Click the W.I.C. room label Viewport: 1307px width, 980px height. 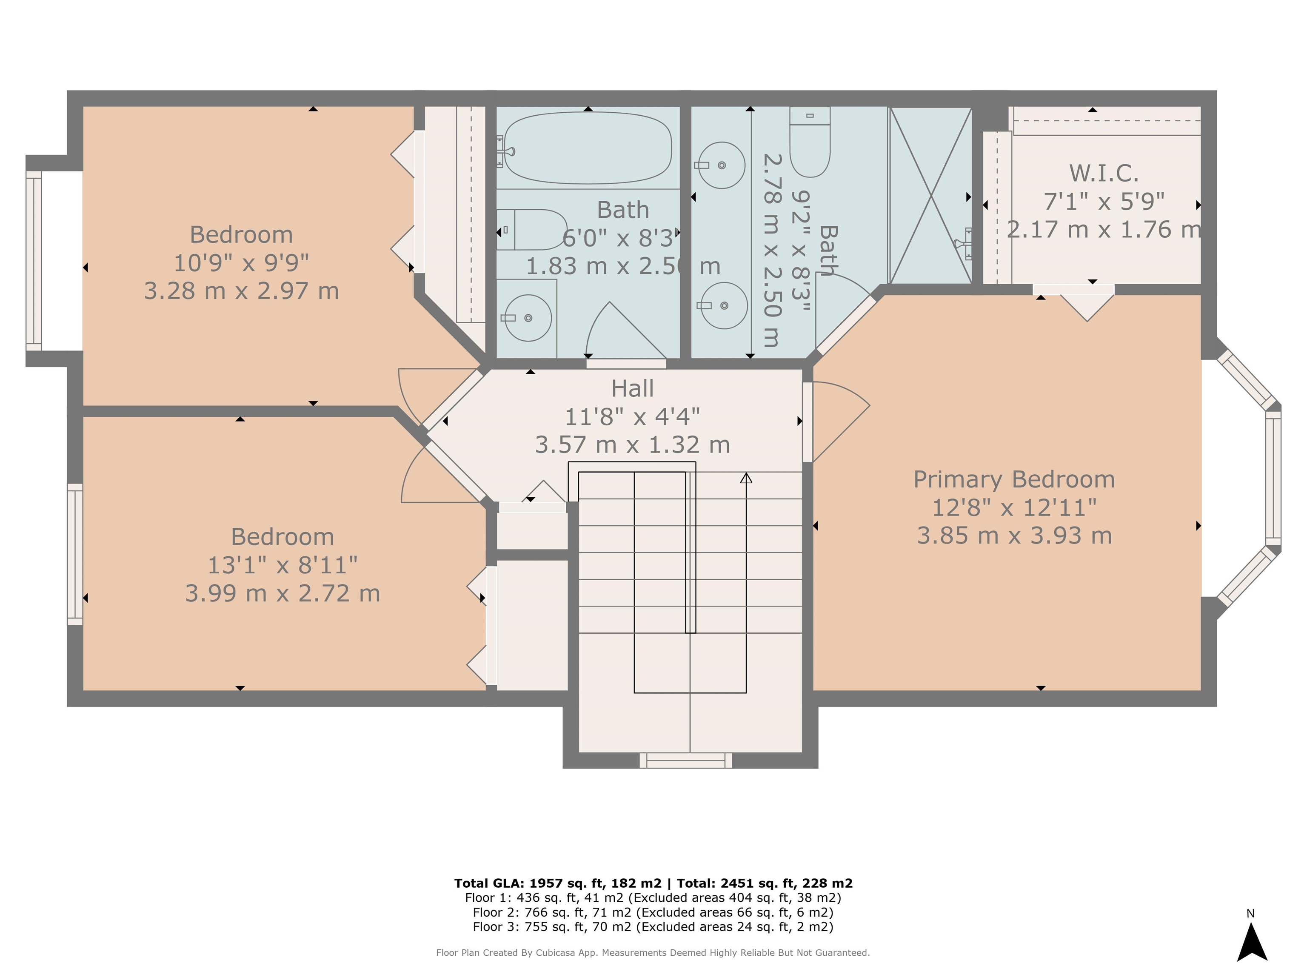(1104, 173)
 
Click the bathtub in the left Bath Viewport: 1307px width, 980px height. (588, 148)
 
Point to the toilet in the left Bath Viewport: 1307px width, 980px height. (532, 230)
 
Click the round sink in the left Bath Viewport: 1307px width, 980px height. (528, 318)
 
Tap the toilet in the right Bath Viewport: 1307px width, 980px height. (810, 142)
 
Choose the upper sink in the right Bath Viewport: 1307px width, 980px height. (722, 165)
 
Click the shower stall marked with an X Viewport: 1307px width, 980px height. (930, 196)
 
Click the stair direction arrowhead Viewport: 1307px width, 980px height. (746, 478)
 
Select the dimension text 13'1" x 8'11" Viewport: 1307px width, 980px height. (283, 565)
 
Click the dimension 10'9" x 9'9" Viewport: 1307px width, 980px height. (241, 263)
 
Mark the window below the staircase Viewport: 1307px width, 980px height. (686, 760)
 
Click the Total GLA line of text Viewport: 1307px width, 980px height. (653, 883)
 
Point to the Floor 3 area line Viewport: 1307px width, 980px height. (653, 926)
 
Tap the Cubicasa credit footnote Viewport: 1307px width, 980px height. (653, 952)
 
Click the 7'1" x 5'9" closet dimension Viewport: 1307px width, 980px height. (1104, 202)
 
